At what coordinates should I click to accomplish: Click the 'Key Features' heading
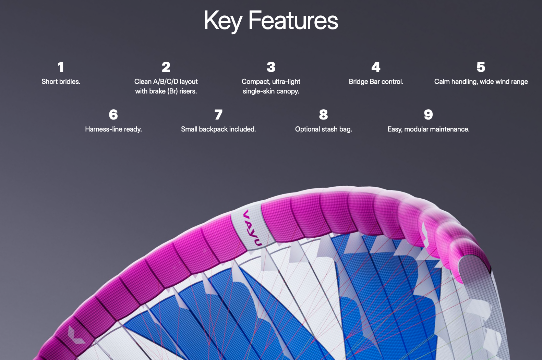(271, 21)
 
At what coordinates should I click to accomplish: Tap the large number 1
(61, 67)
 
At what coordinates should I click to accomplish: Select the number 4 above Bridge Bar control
(376, 67)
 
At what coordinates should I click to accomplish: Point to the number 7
(218, 115)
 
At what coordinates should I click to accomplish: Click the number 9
(428, 115)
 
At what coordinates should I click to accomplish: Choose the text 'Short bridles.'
(61, 82)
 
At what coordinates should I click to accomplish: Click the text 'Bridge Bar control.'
(376, 82)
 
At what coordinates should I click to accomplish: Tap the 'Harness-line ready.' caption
(113, 129)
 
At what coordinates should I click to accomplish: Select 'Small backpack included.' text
(218, 129)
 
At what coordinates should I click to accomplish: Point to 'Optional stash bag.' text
(323, 129)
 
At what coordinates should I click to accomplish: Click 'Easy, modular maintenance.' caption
(428, 129)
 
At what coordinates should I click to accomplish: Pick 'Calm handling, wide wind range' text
(481, 82)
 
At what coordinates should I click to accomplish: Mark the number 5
(481, 67)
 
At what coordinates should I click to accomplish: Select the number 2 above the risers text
(166, 67)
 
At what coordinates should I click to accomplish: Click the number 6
(113, 115)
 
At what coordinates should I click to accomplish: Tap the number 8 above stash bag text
(323, 115)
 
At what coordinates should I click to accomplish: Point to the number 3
(271, 67)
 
